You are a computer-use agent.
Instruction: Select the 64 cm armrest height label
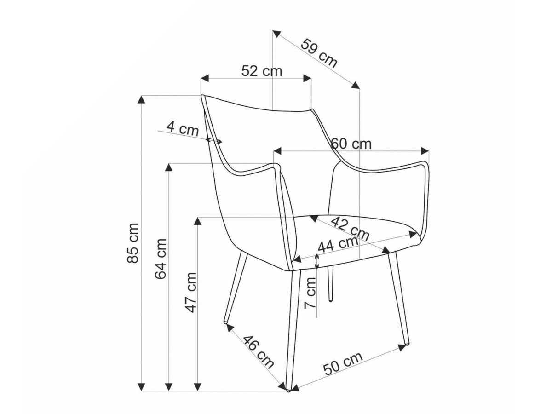pyautogui.click(x=161, y=259)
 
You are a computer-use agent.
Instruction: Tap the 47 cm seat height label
pyautogui.click(x=190, y=293)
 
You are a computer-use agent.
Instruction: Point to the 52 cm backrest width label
pyautogui.click(x=262, y=71)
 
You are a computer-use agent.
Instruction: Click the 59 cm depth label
pyautogui.click(x=319, y=53)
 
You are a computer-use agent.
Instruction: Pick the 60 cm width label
pyautogui.click(x=351, y=144)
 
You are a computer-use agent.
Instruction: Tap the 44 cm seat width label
pyautogui.click(x=338, y=244)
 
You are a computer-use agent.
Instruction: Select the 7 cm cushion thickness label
pyautogui.click(x=311, y=293)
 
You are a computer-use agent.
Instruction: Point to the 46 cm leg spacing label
pyautogui.click(x=258, y=352)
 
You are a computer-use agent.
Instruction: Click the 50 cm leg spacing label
pyautogui.click(x=343, y=363)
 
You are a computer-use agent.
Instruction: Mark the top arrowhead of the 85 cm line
pyautogui.click(x=142, y=99)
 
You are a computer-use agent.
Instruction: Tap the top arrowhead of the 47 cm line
pyautogui.click(x=198, y=221)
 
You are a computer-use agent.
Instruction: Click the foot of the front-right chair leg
pyautogui.click(x=406, y=342)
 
